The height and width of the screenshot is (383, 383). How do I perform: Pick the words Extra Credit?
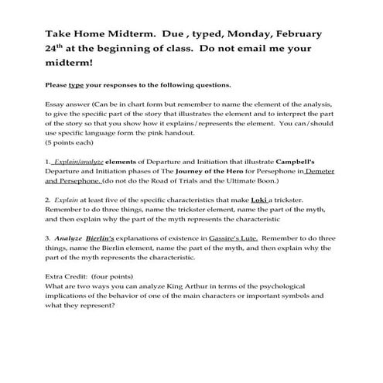pyautogui.click(x=65, y=275)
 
